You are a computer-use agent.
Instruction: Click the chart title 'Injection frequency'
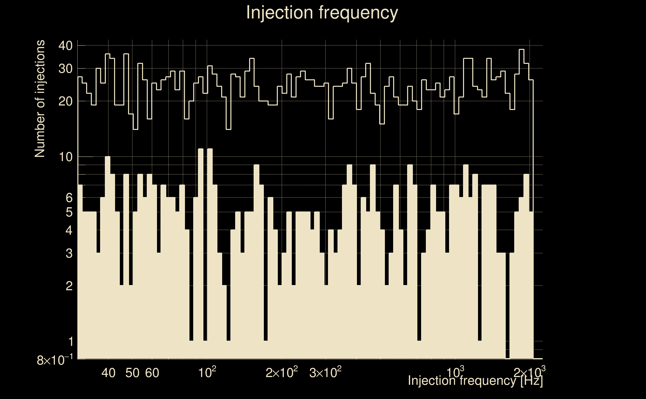coord(322,12)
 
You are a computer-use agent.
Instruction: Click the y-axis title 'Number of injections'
coord(40,99)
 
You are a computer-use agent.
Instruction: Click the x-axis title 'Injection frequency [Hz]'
coord(475,381)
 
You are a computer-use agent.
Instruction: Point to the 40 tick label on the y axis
coord(65,46)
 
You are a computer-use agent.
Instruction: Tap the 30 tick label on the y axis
coord(65,69)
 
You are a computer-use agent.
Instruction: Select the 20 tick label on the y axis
coord(65,101)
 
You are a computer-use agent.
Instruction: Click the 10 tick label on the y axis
coord(65,157)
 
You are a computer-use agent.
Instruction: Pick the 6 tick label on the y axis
coord(69,198)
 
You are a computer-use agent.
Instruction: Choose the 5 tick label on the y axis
coord(69,212)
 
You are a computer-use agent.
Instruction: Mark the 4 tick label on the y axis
coord(69,230)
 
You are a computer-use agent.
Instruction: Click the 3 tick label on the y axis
coord(69,253)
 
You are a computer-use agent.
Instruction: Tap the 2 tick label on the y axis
coord(69,286)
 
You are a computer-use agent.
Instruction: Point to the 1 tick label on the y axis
coord(71,341)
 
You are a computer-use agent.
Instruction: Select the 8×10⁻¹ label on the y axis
coord(55,360)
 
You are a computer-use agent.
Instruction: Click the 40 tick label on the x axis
coord(108,373)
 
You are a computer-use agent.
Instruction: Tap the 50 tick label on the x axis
coord(132,373)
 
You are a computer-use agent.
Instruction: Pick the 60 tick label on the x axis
coord(152,373)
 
